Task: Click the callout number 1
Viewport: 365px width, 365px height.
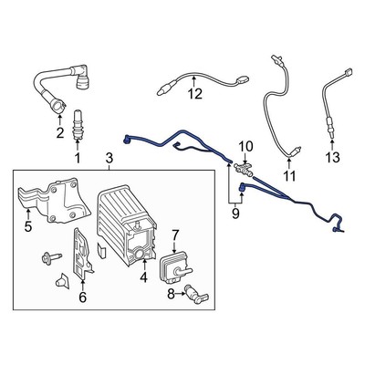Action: pyautogui.click(x=77, y=158)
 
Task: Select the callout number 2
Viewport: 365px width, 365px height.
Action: pyautogui.click(x=60, y=134)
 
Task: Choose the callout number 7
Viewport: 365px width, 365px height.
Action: pyautogui.click(x=175, y=235)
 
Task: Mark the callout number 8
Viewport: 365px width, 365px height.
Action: pyautogui.click(x=170, y=294)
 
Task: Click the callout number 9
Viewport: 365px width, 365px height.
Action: pyautogui.click(x=235, y=214)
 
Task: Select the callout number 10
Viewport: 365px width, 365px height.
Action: pyautogui.click(x=245, y=146)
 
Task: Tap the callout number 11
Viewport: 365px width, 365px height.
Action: pyautogui.click(x=288, y=174)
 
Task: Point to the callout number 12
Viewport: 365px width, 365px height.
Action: pyautogui.click(x=194, y=93)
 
